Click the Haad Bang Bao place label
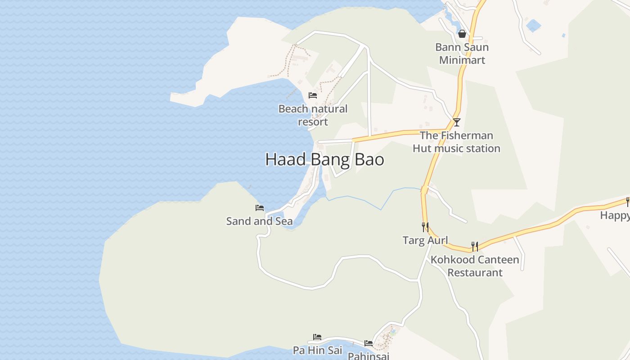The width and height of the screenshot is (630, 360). [x=324, y=160]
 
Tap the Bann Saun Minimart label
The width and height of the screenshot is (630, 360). [x=462, y=54]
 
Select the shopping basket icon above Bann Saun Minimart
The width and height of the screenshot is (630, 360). [x=462, y=34]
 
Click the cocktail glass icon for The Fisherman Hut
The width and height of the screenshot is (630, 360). [x=456, y=122]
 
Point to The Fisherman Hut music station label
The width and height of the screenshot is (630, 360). [x=456, y=142]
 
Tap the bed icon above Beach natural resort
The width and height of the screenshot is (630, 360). [x=313, y=95]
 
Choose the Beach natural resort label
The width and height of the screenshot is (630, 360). [x=313, y=115]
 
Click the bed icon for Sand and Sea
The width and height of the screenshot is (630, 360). [x=260, y=208]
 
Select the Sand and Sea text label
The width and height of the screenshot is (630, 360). [x=259, y=221]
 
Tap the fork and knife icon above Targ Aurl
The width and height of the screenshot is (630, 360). [x=425, y=227]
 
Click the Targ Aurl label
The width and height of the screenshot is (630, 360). [x=425, y=240]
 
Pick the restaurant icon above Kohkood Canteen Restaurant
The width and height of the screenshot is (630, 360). [x=475, y=246]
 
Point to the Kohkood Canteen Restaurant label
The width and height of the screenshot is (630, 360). [x=475, y=266]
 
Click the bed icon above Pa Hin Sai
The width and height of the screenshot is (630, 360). [x=317, y=337]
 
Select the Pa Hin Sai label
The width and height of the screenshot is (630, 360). [x=317, y=350]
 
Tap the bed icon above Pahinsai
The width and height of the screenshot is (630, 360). [x=369, y=343]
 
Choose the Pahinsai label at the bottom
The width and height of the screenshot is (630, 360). [x=369, y=355]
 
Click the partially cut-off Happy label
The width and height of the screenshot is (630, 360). [x=615, y=216]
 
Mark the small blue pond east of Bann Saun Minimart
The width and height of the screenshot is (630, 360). [x=534, y=25]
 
